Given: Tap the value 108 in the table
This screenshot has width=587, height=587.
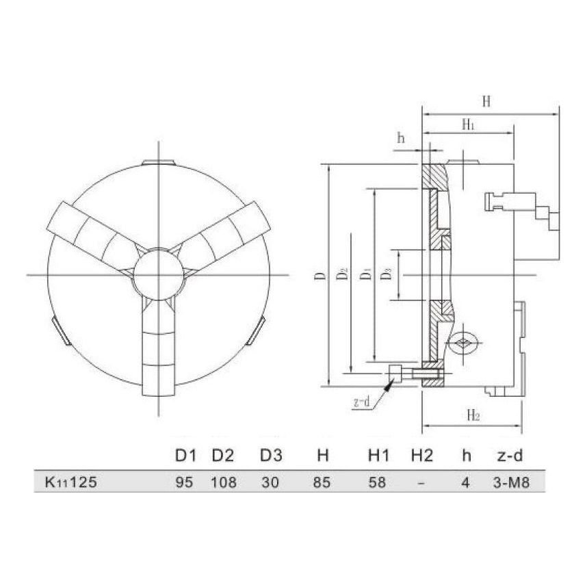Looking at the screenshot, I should point(224,482).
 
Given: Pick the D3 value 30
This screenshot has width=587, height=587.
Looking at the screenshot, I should point(270,482).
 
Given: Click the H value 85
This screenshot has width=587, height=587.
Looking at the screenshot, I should point(322,482).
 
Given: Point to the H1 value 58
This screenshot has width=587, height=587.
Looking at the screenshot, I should point(378,482).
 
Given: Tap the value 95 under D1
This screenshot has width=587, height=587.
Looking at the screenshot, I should point(185,482).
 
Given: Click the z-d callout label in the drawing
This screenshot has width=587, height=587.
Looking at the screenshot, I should point(362,402).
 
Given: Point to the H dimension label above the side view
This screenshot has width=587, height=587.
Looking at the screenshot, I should point(486,102).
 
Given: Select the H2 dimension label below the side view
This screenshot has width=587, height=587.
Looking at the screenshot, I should point(472,415).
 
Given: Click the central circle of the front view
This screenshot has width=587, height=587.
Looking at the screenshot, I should point(159,274).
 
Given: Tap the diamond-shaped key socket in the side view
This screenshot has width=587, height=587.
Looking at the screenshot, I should point(465,344).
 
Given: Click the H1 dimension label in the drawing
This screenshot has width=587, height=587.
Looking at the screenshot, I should point(468,124).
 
